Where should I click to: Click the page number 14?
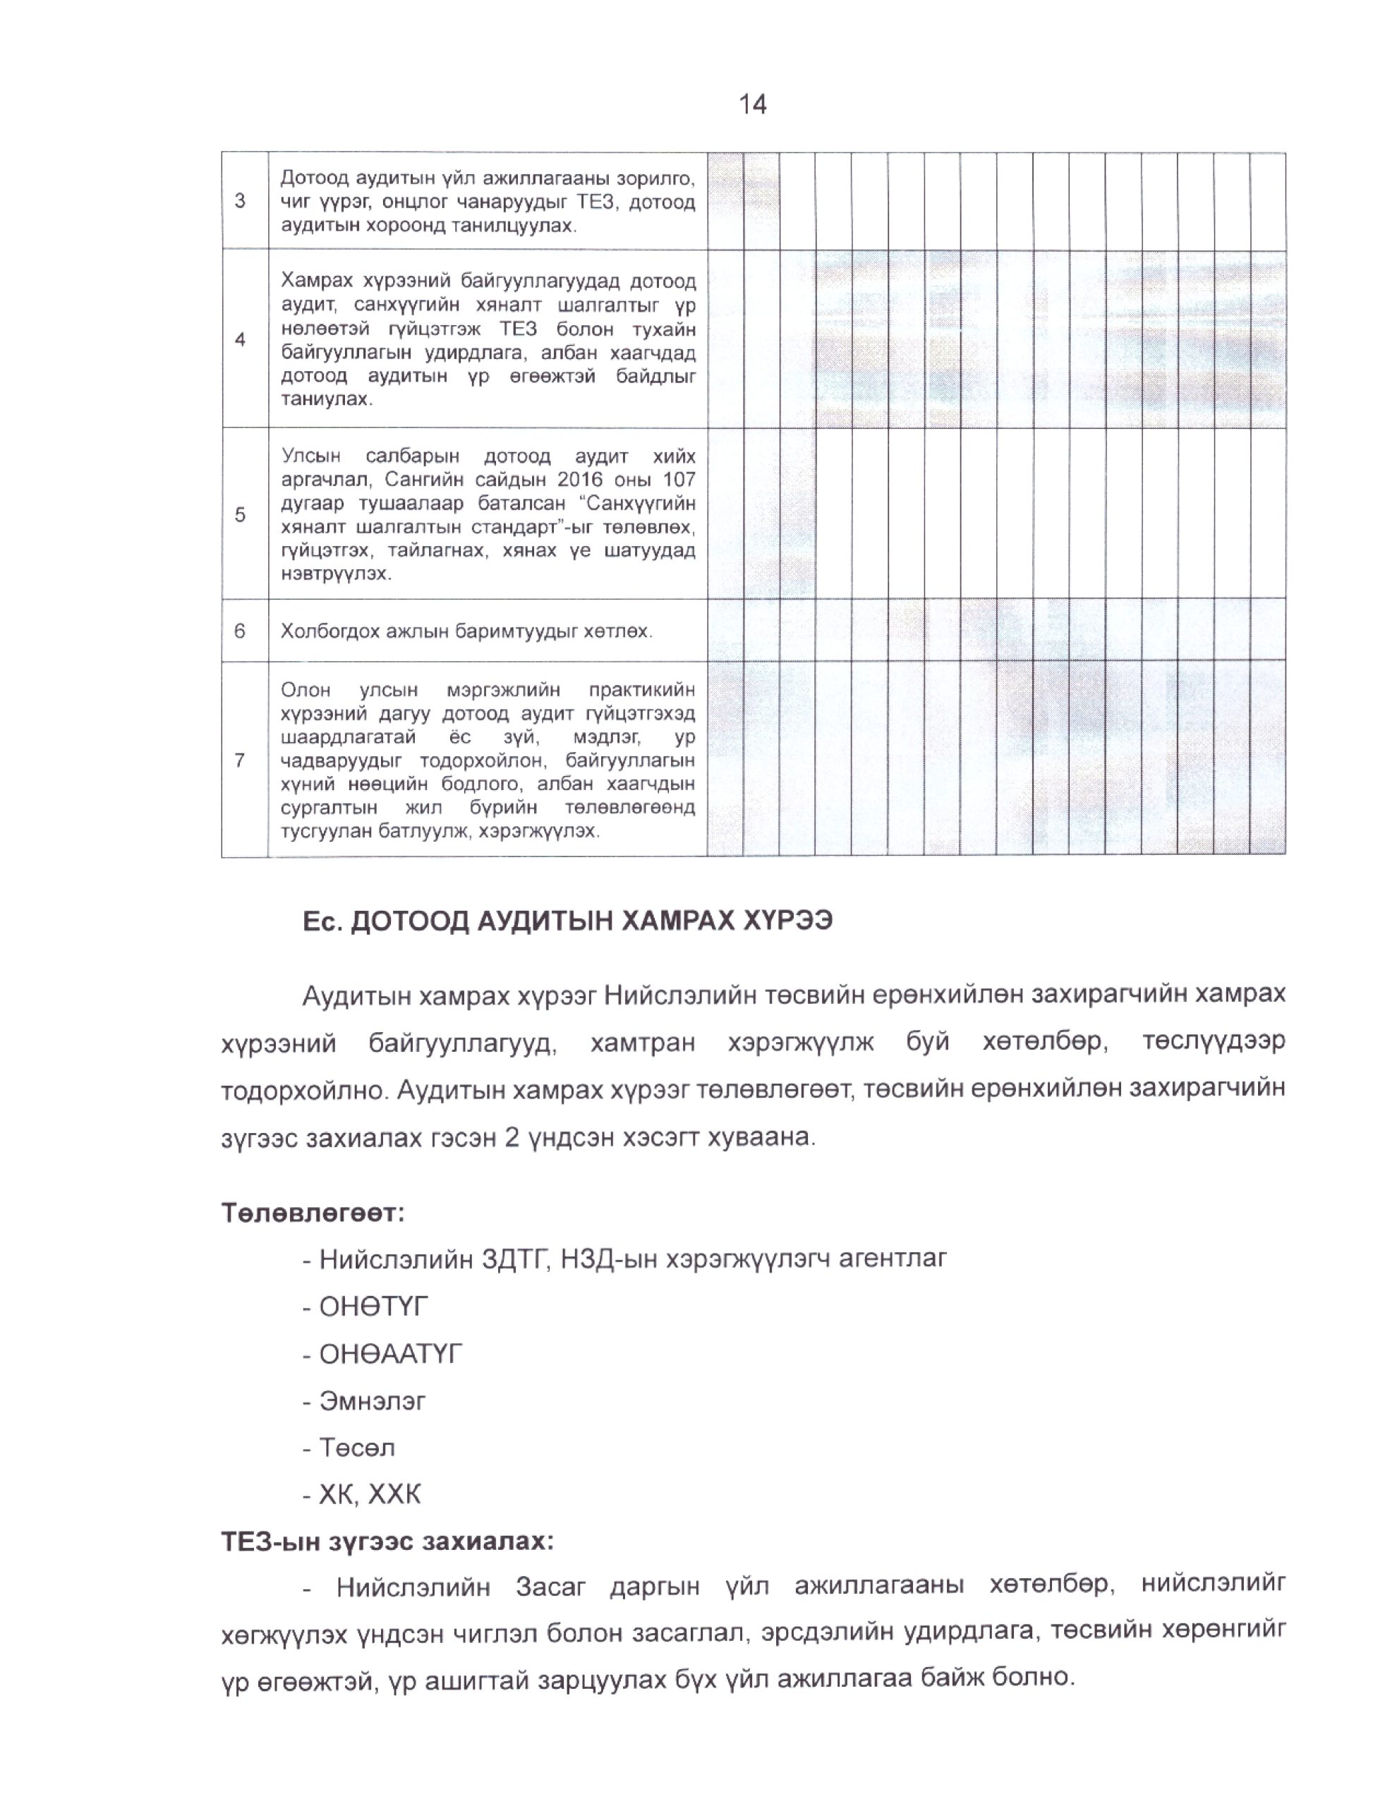(752, 104)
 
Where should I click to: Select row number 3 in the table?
(240, 201)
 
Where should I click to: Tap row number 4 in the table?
(240, 339)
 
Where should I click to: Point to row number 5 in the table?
(240, 514)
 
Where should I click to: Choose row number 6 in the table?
(240, 631)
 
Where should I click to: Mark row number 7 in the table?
(240, 759)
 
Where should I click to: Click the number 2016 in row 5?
(581, 480)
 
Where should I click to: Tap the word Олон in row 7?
(306, 690)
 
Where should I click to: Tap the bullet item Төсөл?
(357, 1447)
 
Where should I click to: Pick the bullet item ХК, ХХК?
(370, 1493)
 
